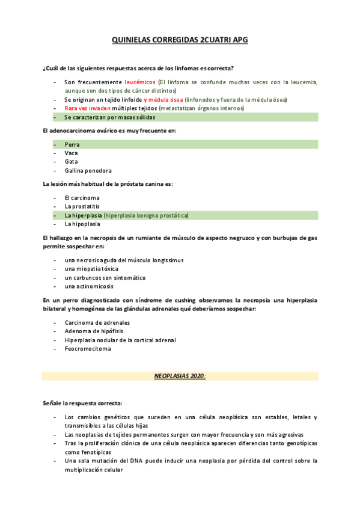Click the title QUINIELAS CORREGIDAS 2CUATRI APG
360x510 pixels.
[x=180, y=40]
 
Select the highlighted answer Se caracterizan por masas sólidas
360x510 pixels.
[x=110, y=117]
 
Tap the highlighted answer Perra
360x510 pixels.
[x=72, y=144]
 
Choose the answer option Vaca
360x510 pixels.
[x=72, y=153]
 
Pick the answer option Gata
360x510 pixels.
[x=72, y=162]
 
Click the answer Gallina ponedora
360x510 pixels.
[x=88, y=171]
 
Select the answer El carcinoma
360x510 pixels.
[x=82, y=198]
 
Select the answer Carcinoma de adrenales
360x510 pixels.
[x=97, y=322]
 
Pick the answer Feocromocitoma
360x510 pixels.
[x=88, y=349]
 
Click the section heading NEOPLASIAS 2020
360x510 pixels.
[x=180, y=376]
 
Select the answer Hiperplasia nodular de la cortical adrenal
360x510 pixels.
[x=120, y=340]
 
